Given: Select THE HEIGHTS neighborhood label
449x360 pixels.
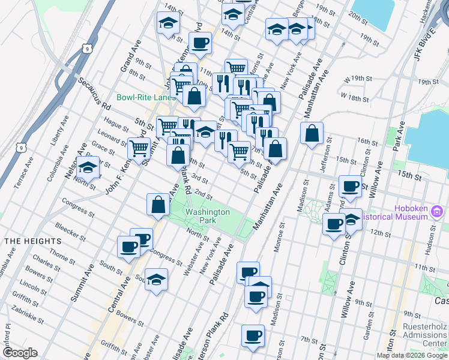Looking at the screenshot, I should click(32, 241).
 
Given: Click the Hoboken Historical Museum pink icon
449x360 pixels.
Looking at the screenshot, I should click(438, 212).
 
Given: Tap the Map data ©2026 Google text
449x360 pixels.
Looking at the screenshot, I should click(411, 355).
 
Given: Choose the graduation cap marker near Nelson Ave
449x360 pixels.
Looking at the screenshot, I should click(88, 168).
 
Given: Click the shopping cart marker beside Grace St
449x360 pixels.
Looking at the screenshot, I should click(139, 148).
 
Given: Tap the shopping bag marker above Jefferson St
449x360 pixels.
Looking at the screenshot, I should click(312, 133).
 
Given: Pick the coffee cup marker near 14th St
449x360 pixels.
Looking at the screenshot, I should click(200, 43).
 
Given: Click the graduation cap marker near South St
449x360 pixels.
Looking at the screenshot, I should click(156, 280).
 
